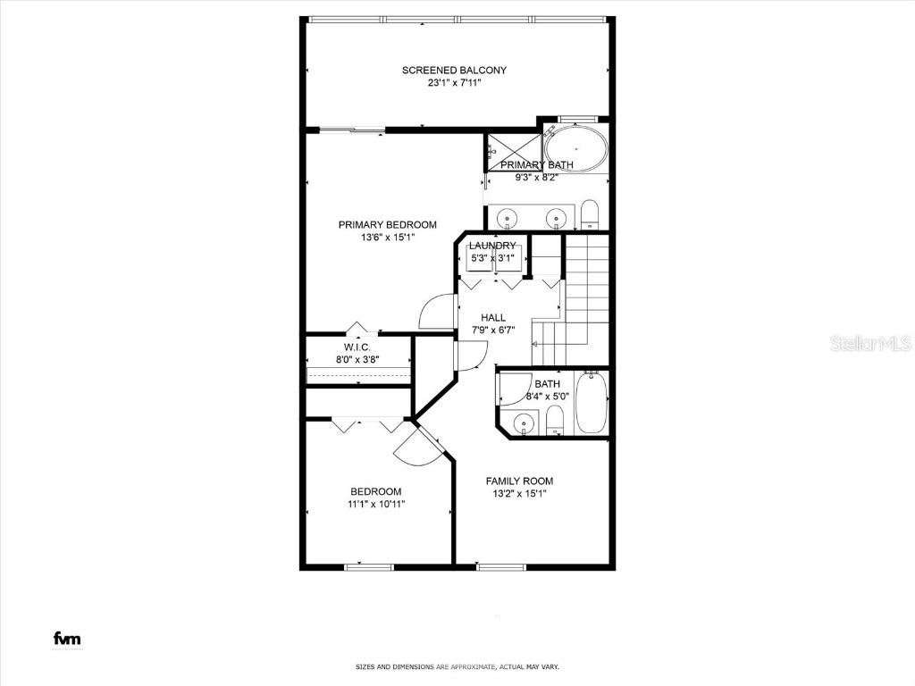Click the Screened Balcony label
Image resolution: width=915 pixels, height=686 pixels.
click(454, 70)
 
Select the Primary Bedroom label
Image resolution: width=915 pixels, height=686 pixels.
click(387, 224)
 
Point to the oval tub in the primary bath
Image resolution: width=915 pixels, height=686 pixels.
click(575, 147)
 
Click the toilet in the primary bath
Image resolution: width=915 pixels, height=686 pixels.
click(589, 215)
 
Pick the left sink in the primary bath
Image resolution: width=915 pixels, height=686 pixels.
click(508, 217)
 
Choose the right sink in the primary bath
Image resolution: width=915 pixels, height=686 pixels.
click(558, 217)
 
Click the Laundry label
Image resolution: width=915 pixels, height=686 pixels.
click(492, 246)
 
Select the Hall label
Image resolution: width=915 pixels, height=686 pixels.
click(493, 317)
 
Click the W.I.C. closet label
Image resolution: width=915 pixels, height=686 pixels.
click(357, 347)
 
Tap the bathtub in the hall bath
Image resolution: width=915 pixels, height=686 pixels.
click(592, 404)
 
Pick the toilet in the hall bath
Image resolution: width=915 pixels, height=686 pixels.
click(555, 420)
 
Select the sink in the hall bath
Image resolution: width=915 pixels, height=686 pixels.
click(525, 422)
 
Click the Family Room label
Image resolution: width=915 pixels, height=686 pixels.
click(519, 481)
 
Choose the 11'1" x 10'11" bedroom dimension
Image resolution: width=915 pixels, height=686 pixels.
click(375, 504)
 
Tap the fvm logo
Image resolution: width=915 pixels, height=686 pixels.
click(67, 639)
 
